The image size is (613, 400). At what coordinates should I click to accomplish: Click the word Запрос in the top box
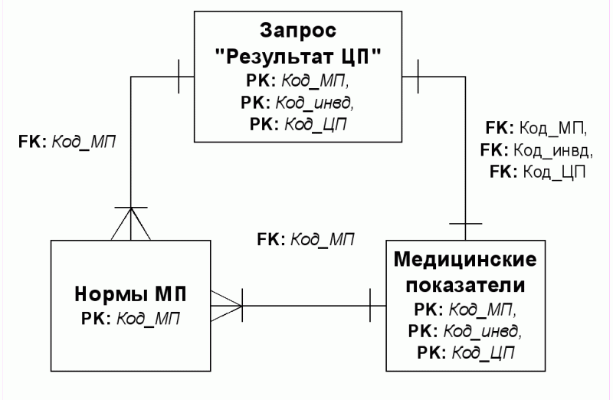[x=298, y=31]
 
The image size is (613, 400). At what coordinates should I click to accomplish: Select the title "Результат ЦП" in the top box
[x=298, y=57]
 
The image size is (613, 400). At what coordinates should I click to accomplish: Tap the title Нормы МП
[x=130, y=294]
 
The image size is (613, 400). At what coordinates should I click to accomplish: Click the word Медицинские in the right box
[x=465, y=260]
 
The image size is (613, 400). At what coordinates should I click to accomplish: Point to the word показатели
[x=465, y=285]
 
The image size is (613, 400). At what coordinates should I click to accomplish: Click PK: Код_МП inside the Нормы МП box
[x=130, y=319]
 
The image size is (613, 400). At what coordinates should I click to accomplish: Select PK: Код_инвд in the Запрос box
[x=297, y=103]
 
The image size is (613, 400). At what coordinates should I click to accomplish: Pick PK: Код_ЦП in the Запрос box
[x=298, y=125]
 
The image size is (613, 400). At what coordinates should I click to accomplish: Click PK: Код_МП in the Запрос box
[x=297, y=81]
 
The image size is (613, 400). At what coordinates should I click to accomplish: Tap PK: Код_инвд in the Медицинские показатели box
[x=465, y=332]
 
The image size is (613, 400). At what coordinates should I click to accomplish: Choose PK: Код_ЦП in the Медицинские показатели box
[x=465, y=353]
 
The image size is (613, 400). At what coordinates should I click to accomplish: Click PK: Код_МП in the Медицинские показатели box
[x=465, y=310]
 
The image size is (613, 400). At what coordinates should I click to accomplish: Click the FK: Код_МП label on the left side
[x=67, y=142]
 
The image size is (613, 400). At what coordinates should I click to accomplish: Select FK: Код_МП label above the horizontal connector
[x=306, y=239]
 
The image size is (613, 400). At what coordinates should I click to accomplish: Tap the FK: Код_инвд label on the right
[x=536, y=150]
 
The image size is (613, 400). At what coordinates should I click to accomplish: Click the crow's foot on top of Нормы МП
[x=130, y=224]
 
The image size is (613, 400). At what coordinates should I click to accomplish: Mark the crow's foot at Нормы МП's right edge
[x=227, y=306]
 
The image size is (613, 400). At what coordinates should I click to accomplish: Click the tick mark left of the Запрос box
[x=179, y=77]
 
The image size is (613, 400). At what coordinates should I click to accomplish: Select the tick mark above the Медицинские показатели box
[x=465, y=224]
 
